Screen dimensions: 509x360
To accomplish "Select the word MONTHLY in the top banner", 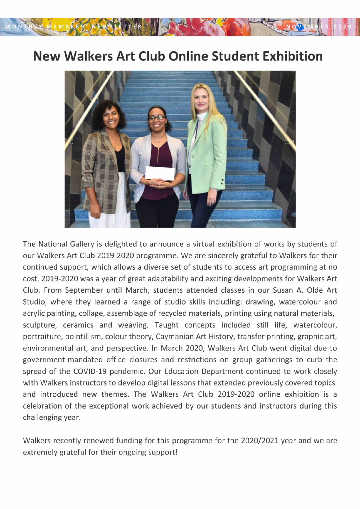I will click(24, 26).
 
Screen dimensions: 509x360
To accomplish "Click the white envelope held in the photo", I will click(160, 173).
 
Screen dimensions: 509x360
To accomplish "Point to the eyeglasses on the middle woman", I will click(157, 118).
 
